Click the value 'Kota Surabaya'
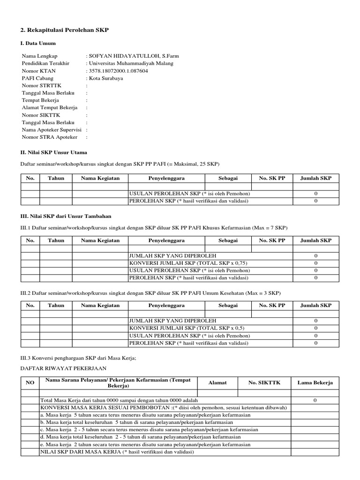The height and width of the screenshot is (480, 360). [106, 78]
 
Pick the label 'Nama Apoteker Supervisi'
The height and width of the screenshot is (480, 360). [52, 129]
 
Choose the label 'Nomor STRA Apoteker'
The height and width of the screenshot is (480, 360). [49, 137]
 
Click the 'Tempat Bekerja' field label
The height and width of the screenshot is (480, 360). [40, 100]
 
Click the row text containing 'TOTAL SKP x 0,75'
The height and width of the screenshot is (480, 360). [187, 263]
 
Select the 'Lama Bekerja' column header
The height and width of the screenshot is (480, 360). [315, 383]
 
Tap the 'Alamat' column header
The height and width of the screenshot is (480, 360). [217, 383]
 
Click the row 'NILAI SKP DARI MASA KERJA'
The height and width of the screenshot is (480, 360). [117, 452]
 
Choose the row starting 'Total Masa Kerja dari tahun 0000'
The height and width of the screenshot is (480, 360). [119, 400]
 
